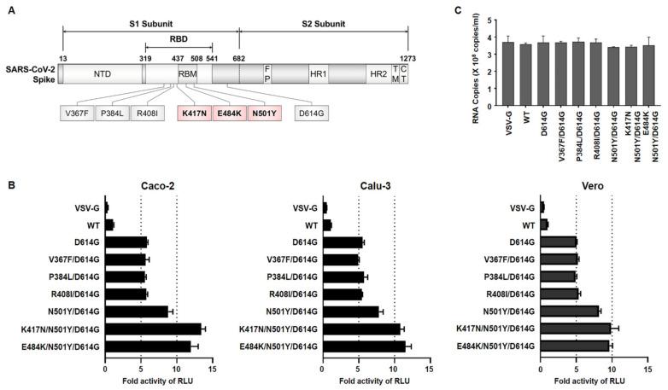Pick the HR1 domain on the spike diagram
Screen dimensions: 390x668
pos(316,74)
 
